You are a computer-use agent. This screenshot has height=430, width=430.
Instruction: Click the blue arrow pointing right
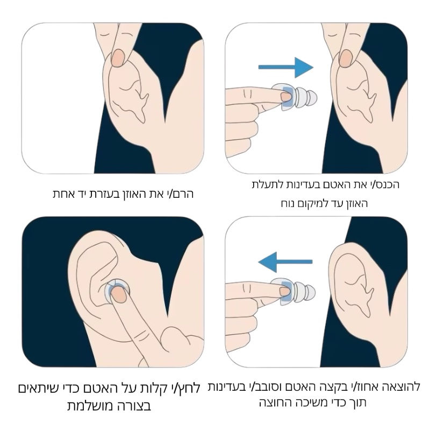285,67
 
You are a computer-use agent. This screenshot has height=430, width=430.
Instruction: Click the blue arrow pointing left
285,262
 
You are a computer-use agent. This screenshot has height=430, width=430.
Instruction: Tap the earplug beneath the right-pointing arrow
298,98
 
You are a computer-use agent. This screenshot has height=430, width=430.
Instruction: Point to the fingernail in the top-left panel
119,56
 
